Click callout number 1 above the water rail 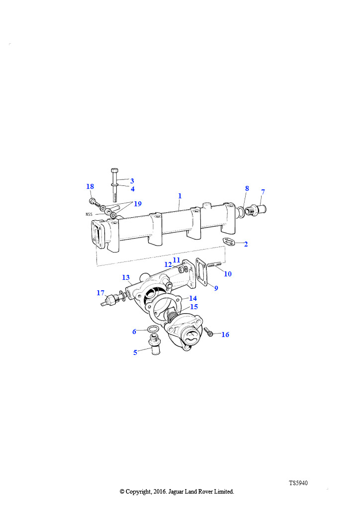pos(180,196)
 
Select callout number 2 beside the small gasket pos(246,244)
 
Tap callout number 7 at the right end pos(263,192)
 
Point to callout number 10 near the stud pos(228,274)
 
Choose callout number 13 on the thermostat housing pos(126,277)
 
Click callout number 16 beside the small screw pos(225,335)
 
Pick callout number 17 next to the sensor pos(100,293)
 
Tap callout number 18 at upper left pos(90,187)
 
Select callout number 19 pos(138,204)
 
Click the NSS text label pos(89,214)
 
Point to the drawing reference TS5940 pos(298,483)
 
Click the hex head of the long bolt pos(114,171)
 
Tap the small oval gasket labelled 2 pos(228,241)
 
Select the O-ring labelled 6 pos(153,330)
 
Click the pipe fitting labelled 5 pos(155,346)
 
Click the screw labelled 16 pos(209,332)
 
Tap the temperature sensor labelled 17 pos(111,299)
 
